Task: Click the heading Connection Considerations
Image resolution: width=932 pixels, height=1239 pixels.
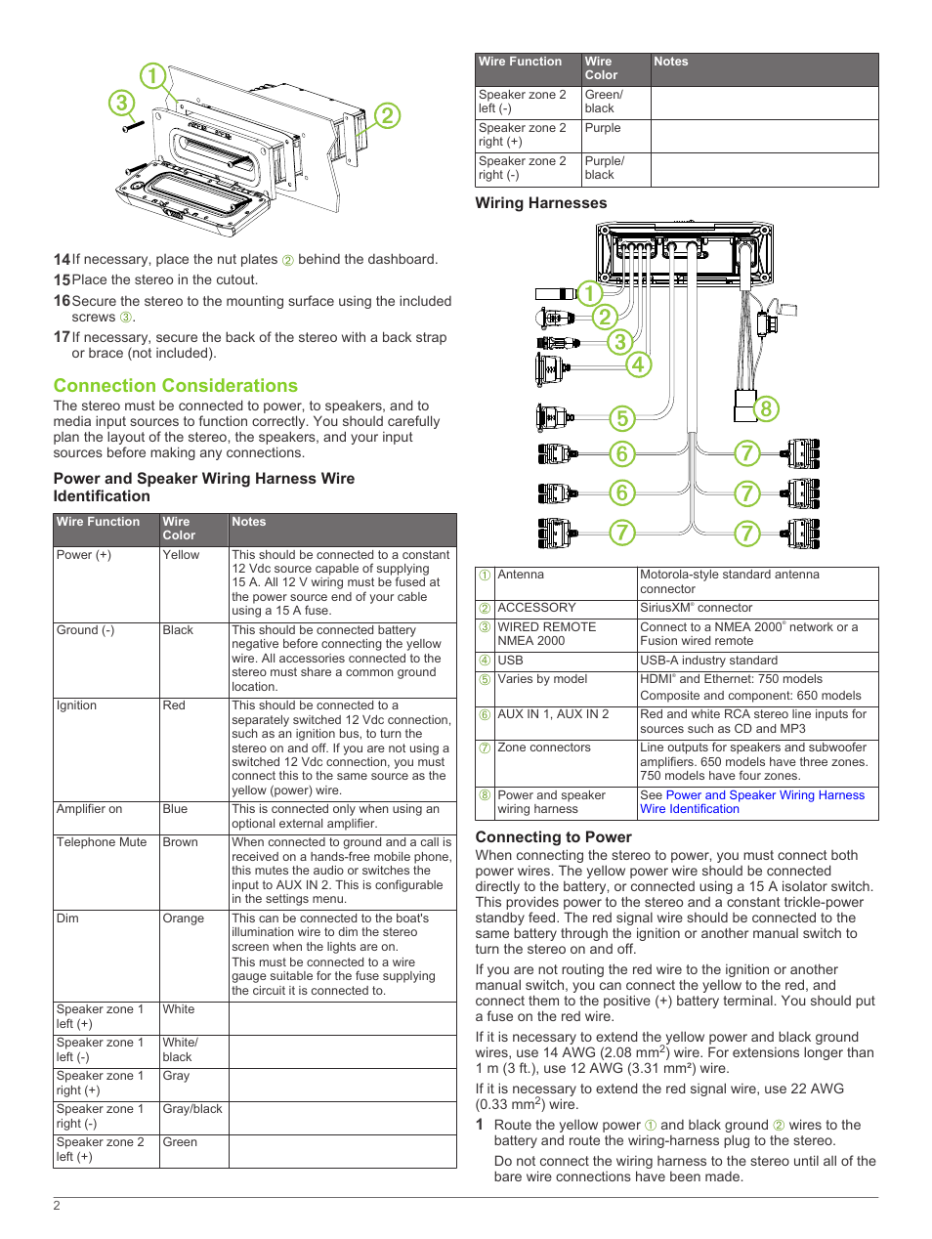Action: pyautogui.click(x=176, y=386)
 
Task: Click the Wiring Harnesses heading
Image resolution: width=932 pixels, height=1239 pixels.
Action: pyautogui.click(x=540, y=203)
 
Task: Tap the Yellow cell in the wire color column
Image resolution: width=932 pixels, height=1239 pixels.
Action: pyautogui.click(x=181, y=555)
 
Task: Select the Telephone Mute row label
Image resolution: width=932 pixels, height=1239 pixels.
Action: pyautogui.click(x=102, y=842)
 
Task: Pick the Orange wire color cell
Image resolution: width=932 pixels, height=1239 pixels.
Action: pyautogui.click(x=184, y=919)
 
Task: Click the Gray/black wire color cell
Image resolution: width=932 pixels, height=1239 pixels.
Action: pyautogui.click(x=192, y=1109)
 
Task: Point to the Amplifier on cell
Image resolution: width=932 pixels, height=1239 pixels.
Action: pyautogui.click(x=90, y=809)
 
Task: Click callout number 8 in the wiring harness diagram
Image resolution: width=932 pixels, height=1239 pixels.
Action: pyautogui.click(x=766, y=408)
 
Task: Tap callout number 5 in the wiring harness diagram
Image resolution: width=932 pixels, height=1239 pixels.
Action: pyautogui.click(x=621, y=418)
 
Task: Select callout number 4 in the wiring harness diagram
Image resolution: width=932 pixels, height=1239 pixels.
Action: pyautogui.click(x=638, y=364)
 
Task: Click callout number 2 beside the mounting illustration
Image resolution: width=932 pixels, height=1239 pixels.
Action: pyautogui.click(x=387, y=115)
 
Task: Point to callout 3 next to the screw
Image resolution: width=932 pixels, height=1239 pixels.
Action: pyautogui.click(x=121, y=103)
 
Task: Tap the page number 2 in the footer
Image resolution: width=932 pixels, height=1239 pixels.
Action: pyautogui.click(x=57, y=1206)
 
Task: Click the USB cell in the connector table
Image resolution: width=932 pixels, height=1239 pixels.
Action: pyautogui.click(x=511, y=661)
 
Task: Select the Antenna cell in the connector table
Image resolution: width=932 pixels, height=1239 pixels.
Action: pyautogui.click(x=521, y=575)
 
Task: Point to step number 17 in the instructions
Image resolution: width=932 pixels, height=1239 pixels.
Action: pyautogui.click(x=62, y=337)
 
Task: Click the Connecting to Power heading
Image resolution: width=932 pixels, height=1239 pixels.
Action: pyautogui.click(x=553, y=837)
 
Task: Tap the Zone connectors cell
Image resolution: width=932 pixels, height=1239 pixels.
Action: pyautogui.click(x=544, y=748)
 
